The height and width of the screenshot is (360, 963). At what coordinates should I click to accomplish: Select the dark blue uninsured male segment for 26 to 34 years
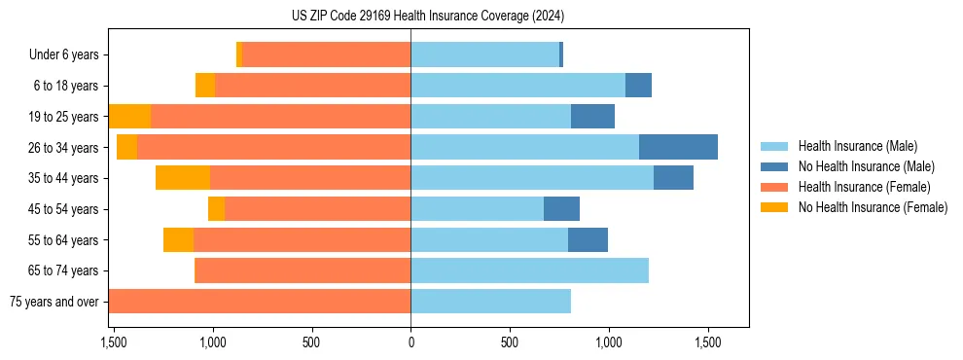pyautogui.click(x=678, y=147)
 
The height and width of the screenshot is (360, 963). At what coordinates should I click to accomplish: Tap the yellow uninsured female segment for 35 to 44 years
pyautogui.click(x=183, y=178)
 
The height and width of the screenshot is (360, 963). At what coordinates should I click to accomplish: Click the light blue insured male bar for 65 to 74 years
pyautogui.click(x=529, y=270)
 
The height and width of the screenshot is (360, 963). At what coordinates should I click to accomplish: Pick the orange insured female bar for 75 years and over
pyautogui.click(x=260, y=302)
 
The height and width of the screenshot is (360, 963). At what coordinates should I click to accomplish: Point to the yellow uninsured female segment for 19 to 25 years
pyautogui.click(x=130, y=117)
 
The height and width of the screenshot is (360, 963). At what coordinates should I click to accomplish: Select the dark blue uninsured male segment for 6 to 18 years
pyautogui.click(x=638, y=86)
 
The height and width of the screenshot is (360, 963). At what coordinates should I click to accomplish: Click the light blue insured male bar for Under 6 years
pyautogui.click(x=484, y=54)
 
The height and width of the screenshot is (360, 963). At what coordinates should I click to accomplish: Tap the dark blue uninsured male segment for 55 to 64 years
pyautogui.click(x=588, y=239)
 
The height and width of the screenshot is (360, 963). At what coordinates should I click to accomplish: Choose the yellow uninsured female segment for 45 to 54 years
pyautogui.click(x=216, y=209)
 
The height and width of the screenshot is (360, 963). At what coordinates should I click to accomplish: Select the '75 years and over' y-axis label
pyautogui.click(x=53, y=302)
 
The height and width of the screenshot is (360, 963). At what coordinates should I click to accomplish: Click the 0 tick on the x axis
pyautogui.click(x=410, y=342)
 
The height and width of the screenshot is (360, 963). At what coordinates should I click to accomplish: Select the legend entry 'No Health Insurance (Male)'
pyautogui.click(x=866, y=166)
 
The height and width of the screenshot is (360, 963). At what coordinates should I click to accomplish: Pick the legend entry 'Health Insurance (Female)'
pyautogui.click(x=864, y=187)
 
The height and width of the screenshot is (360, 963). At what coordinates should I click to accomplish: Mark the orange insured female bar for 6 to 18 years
pyautogui.click(x=312, y=86)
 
